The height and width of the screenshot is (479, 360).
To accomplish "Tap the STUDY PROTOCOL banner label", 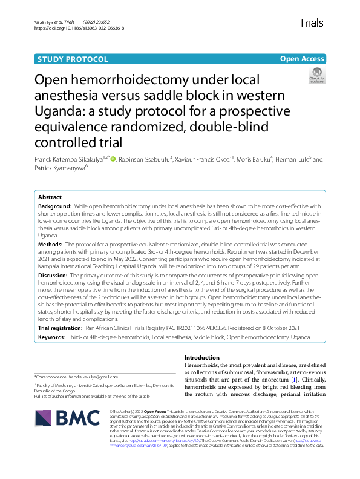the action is [x=73, y=59].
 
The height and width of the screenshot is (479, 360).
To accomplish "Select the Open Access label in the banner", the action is [x=302, y=59].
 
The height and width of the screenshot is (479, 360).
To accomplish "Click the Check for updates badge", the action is [x=316, y=76].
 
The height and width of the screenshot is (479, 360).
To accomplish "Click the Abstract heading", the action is [x=50, y=197].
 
